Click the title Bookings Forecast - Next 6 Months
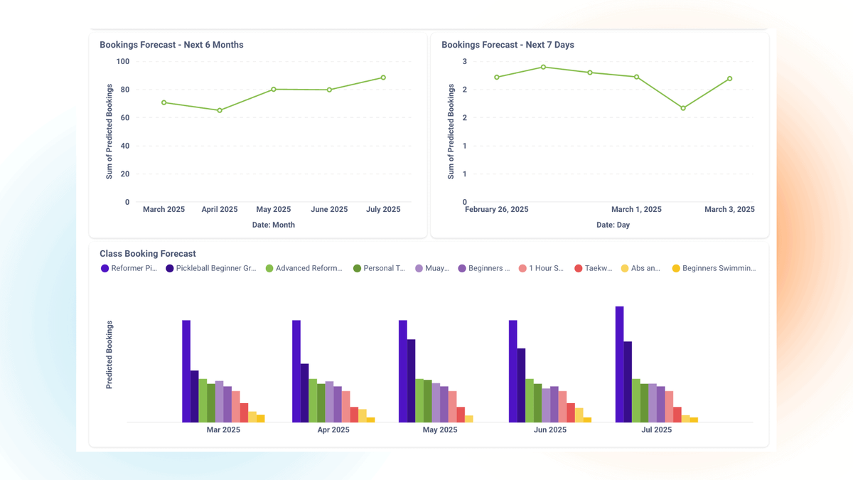click(x=171, y=45)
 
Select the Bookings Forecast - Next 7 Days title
click(x=508, y=45)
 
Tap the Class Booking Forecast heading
click(x=147, y=254)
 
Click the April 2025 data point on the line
click(x=220, y=110)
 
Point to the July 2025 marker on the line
click(x=383, y=78)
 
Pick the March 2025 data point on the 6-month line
click(x=164, y=102)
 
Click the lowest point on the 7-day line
click(x=683, y=108)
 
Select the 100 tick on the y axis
click(x=122, y=62)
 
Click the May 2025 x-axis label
click(x=274, y=210)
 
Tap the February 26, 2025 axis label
click(x=496, y=210)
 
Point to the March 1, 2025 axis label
click(x=636, y=210)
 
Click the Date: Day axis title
click(x=613, y=225)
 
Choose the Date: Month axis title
click(x=273, y=225)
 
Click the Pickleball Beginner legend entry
click(x=210, y=269)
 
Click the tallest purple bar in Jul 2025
click(x=619, y=364)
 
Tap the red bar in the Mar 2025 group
click(x=244, y=412)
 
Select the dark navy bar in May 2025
click(x=411, y=380)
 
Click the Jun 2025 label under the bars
click(x=550, y=430)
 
